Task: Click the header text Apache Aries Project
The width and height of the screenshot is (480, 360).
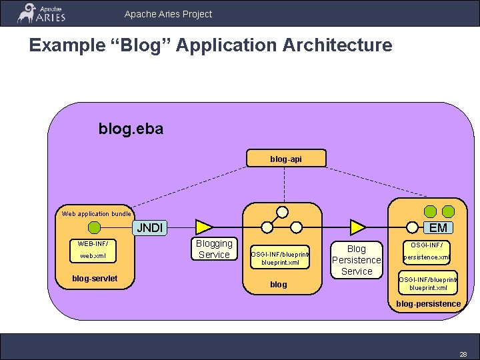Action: tap(168, 13)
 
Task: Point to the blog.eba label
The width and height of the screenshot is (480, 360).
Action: tap(131, 128)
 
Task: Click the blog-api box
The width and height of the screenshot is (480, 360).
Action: tap(285, 159)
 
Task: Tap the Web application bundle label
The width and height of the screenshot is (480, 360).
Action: tap(96, 214)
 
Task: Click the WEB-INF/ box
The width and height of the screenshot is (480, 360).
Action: tap(93, 243)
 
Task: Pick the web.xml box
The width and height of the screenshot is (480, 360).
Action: tap(93, 256)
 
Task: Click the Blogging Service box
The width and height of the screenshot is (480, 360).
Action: tap(214, 249)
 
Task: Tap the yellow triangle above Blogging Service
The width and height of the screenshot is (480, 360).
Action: tap(203, 227)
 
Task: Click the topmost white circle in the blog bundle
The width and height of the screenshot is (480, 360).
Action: tap(282, 212)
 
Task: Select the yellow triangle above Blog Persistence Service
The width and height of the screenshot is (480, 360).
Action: tap(359, 227)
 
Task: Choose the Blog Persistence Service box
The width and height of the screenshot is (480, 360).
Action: tap(357, 260)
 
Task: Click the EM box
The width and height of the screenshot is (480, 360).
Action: tap(439, 228)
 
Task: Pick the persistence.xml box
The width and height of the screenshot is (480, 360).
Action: tap(427, 257)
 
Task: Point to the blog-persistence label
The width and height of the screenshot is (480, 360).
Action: tap(428, 304)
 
